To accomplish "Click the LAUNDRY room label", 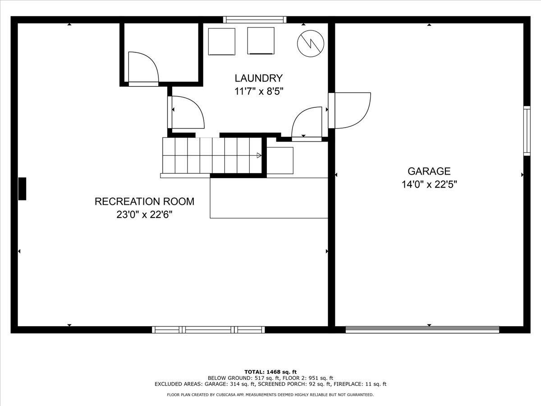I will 258,78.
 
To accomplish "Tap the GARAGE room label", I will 429,171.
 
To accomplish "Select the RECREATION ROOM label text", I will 144,201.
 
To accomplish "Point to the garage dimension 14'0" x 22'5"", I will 429,184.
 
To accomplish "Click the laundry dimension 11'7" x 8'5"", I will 258,91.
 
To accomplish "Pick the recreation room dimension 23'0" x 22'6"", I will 144,215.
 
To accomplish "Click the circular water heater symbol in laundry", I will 311,44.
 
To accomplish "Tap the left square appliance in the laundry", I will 221,42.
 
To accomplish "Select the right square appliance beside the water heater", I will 261,41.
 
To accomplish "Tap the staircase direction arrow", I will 259,155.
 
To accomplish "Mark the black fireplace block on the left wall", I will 22,189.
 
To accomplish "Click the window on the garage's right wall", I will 527,131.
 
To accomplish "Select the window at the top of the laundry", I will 255,19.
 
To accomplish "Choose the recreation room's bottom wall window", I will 208,330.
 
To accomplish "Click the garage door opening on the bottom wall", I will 422,330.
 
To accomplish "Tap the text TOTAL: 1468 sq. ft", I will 270,371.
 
